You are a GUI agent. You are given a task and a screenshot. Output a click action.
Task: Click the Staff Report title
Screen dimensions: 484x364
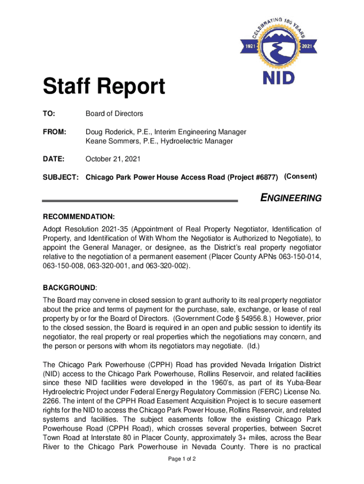104,86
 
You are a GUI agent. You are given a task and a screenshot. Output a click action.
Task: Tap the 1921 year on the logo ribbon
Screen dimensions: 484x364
251,46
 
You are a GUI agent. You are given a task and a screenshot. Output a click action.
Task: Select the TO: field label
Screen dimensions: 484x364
49,114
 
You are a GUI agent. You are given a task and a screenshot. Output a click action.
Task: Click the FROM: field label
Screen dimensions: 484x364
54,132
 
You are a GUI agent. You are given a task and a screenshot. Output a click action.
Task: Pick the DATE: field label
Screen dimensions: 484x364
53,159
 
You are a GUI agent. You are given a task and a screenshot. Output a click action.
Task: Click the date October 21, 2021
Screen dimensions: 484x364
113,159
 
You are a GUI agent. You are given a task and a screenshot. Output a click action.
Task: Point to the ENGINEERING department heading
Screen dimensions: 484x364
291,199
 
